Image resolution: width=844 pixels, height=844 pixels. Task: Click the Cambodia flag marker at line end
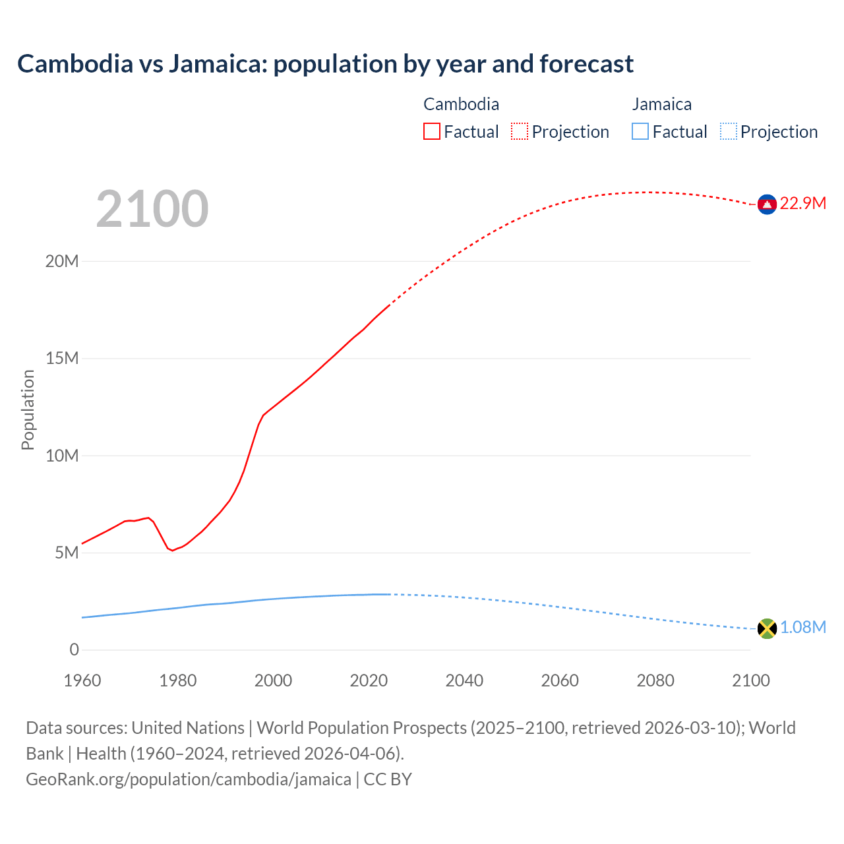(x=767, y=205)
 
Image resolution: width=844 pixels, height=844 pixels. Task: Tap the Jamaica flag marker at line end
(x=767, y=628)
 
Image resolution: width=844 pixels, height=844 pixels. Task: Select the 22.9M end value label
(x=802, y=203)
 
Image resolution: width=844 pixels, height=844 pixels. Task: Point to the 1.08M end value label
(x=802, y=627)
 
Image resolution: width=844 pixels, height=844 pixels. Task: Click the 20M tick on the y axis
(x=62, y=261)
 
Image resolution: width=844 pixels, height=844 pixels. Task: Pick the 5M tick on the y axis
(x=67, y=553)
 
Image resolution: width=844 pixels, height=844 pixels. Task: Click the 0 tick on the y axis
(x=74, y=649)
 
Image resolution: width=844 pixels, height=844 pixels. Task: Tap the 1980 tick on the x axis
(x=177, y=680)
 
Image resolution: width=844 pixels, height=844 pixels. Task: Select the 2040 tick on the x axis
(x=464, y=680)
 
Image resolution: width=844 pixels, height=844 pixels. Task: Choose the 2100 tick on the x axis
(x=750, y=680)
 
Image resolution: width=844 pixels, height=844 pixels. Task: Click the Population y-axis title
(x=28, y=409)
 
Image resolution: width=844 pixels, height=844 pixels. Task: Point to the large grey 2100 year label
(x=152, y=210)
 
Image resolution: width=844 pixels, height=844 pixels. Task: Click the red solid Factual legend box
(x=431, y=131)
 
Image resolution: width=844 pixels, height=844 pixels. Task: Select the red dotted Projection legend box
(x=520, y=131)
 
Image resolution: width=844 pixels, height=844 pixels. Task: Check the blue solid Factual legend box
(x=640, y=131)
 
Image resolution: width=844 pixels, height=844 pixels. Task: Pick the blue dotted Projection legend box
(x=728, y=131)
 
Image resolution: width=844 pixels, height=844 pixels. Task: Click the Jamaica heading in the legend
(x=661, y=104)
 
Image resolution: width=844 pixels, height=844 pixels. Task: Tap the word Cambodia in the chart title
(x=75, y=64)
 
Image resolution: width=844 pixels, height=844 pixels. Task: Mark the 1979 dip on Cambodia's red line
(x=173, y=550)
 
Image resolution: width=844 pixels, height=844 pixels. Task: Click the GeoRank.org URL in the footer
(x=189, y=779)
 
